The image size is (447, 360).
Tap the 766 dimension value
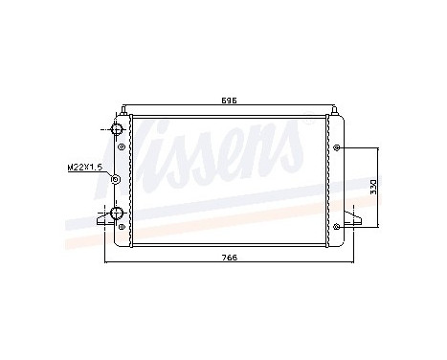point(229,258)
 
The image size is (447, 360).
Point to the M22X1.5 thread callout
point(85,167)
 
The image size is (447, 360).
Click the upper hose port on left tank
point(118,130)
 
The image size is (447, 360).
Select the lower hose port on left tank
point(117,213)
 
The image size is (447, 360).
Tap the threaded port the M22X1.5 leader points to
point(116,179)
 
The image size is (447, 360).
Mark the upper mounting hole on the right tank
point(340,147)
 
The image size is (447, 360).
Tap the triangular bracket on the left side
point(101,220)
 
